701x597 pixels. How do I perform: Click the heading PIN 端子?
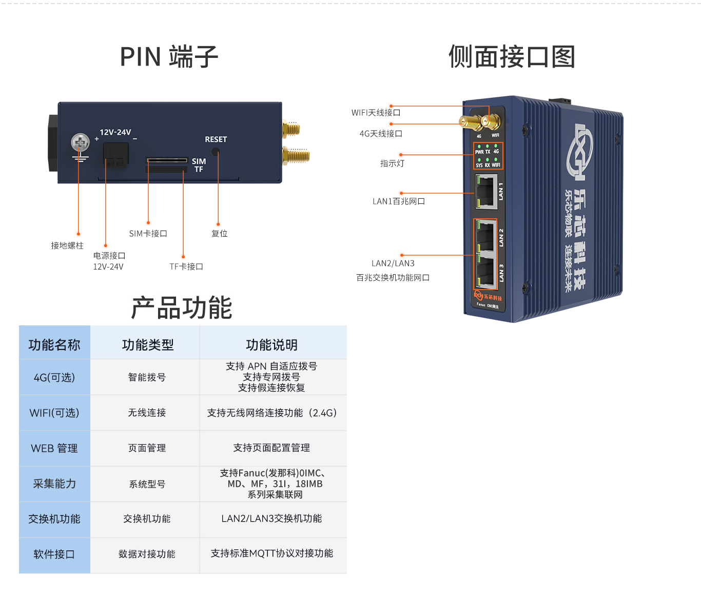pos(169,56)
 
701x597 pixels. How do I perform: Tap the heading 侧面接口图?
pos(512,56)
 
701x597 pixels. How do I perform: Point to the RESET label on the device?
pos(216,139)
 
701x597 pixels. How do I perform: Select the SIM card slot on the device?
pos(167,160)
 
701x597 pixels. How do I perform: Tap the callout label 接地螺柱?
pos(67,245)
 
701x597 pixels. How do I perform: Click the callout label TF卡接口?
pos(186,266)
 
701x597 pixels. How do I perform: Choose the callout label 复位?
pos(220,234)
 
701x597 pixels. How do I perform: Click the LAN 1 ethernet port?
pos(485,192)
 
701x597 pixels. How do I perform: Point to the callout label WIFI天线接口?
pos(376,113)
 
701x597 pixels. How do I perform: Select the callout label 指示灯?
pos(392,163)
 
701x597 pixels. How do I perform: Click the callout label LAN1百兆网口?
pos(399,201)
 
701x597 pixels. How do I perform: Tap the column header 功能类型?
pos(148,345)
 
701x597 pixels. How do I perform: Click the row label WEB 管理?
pos(54,448)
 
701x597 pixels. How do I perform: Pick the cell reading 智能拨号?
pos(147,377)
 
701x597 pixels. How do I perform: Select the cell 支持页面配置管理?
pos(271,448)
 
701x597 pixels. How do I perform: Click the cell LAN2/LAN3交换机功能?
pos(271,519)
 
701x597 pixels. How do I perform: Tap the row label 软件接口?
pos(54,554)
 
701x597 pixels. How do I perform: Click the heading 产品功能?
pos(182,308)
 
